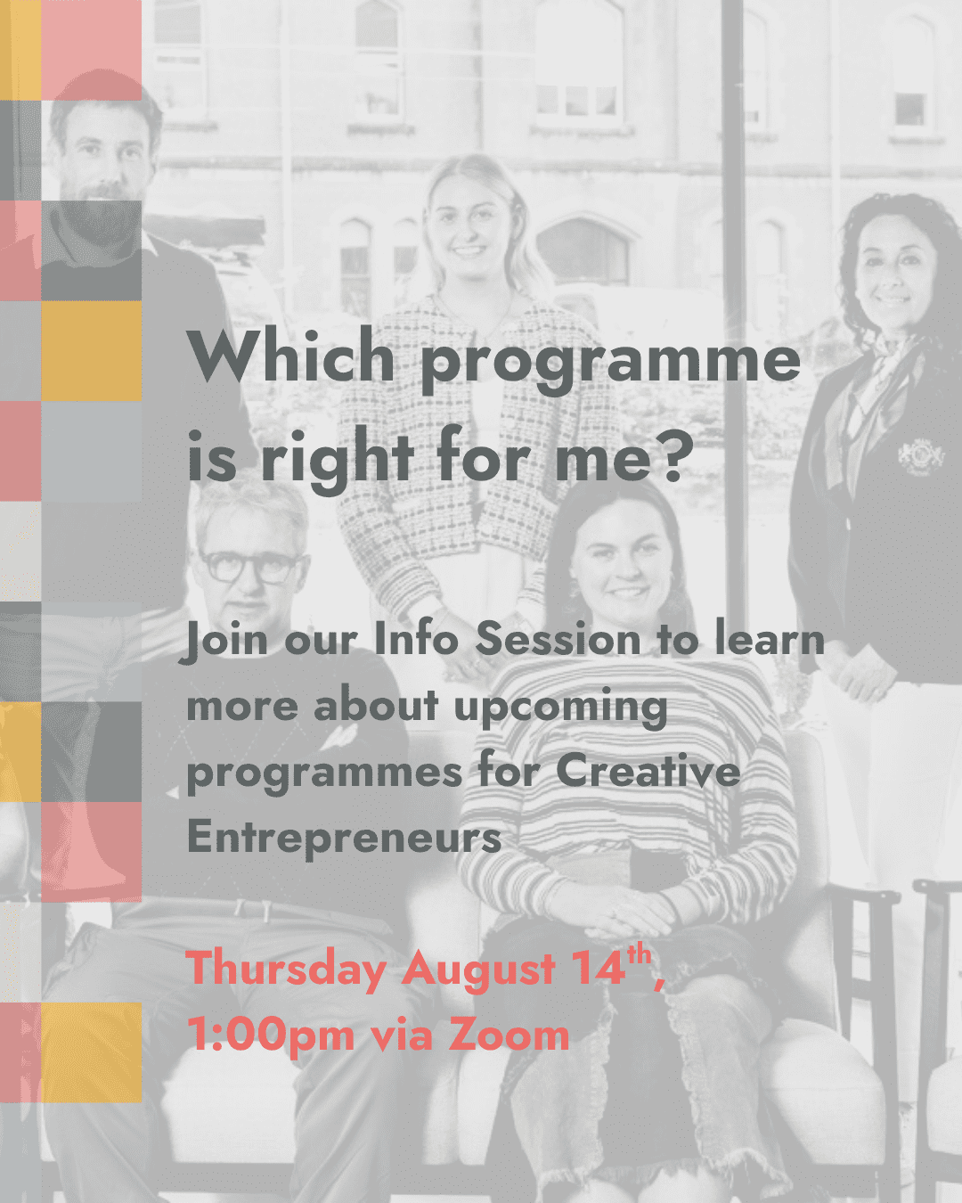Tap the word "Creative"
click(648, 772)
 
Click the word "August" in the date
click(479, 970)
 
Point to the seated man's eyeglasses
click(249, 567)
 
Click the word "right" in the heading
click(338, 458)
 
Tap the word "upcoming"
click(560, 708)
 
